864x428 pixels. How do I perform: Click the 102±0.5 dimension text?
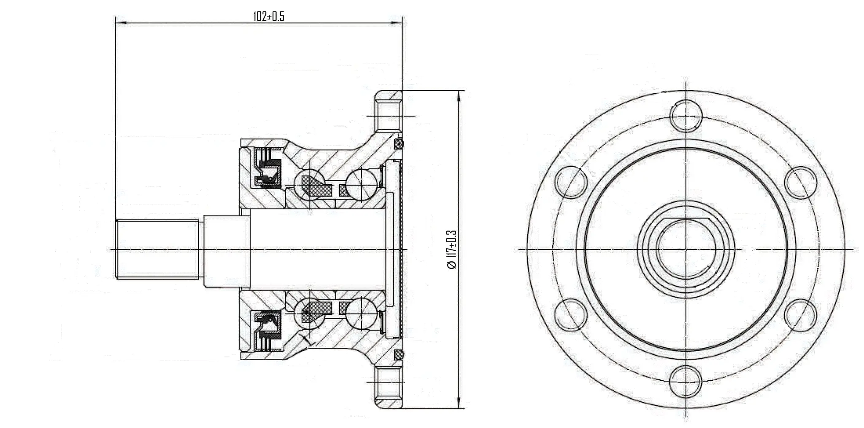268,16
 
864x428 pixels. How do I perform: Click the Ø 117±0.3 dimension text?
451,249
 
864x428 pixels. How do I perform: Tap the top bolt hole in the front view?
686,115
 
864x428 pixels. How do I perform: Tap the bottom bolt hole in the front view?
686,381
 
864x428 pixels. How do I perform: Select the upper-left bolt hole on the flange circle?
571,181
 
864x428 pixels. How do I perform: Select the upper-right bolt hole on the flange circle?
801,182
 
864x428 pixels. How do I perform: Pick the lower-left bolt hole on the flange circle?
571,314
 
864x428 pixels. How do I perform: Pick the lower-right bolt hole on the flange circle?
801,315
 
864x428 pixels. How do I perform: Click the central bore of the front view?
686,249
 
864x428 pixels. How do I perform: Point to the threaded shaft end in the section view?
157,249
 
